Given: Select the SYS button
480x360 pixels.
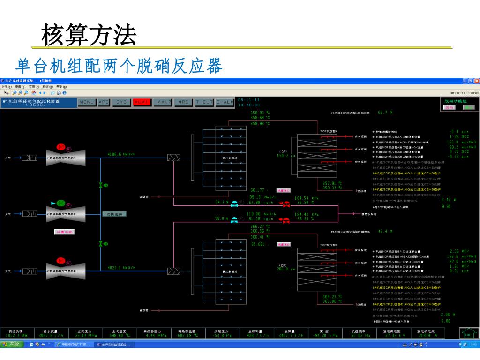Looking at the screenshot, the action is pos(121,102).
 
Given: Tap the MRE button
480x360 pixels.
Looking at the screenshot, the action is pos(183,102).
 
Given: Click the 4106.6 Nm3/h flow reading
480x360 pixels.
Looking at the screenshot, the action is pos(121,154).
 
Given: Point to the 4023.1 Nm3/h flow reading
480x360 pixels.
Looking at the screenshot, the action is pos(121,268).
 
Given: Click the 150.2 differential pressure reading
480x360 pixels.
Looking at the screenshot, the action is pos(284,156).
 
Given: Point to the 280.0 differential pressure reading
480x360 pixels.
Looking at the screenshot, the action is pos(284,269).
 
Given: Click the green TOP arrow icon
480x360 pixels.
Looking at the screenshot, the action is pos(468,332).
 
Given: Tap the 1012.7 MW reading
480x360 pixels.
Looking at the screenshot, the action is pos(17,336).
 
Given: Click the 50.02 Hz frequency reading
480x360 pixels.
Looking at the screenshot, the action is pos(361,336).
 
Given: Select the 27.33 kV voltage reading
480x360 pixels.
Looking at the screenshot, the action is pos(394,336).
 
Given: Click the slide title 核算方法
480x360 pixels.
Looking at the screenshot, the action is pos(89,36).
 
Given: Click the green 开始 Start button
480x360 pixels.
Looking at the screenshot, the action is pos(11,345).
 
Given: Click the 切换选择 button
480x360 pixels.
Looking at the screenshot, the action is pos(114,214).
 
